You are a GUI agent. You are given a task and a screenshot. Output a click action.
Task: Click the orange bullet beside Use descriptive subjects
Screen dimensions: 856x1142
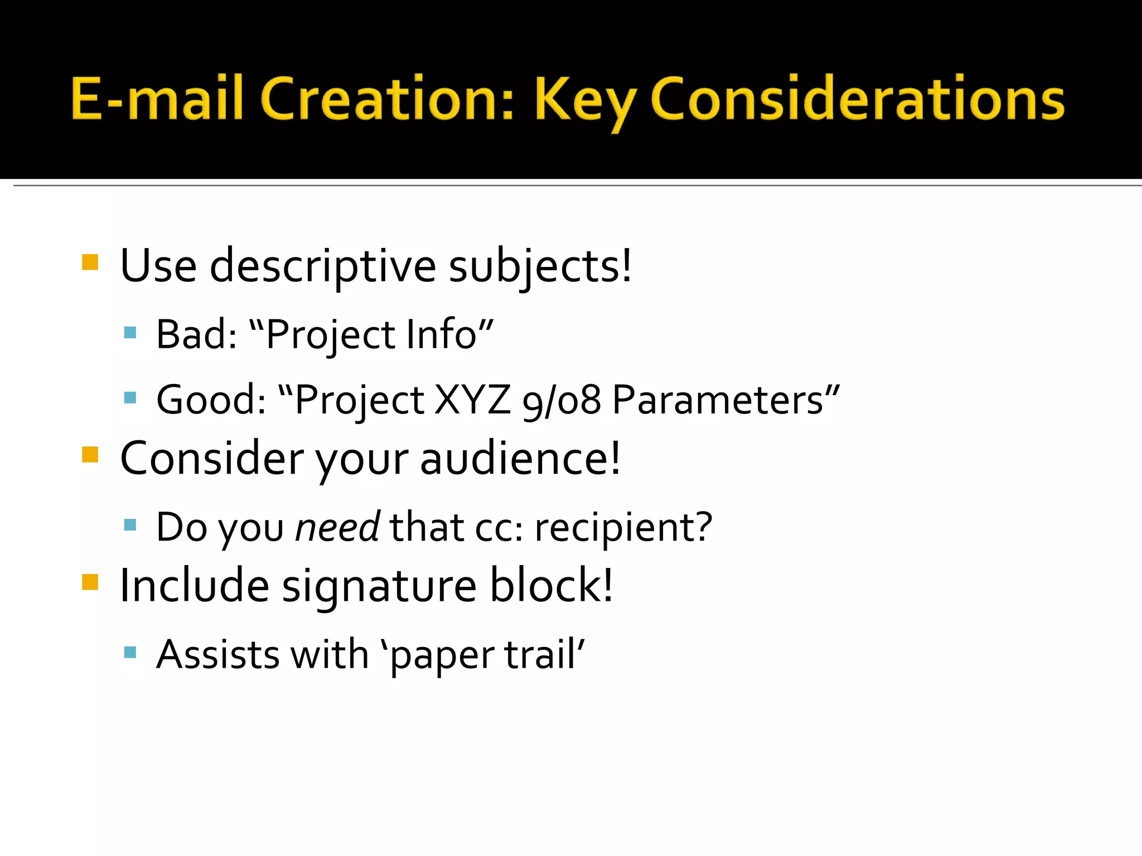tap(90, 262)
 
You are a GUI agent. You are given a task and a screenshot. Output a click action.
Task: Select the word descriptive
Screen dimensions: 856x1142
tap(323, 266)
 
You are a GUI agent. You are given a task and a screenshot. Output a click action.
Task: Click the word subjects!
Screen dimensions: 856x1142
tap(540, 266)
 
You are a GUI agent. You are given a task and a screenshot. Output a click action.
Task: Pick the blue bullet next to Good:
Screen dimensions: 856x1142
tap(130, 398)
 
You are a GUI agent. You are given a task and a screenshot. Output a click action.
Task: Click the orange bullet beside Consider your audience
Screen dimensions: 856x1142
tap(90, 455)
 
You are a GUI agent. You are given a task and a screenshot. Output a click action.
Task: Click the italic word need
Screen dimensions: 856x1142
tap(337, 527)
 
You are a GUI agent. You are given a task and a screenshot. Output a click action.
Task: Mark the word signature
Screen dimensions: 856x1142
tap(379, 586)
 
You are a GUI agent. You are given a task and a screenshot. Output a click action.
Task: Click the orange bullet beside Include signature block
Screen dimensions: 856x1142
tap(90, 582)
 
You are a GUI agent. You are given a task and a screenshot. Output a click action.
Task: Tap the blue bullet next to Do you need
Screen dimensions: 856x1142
tap(130, 525)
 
